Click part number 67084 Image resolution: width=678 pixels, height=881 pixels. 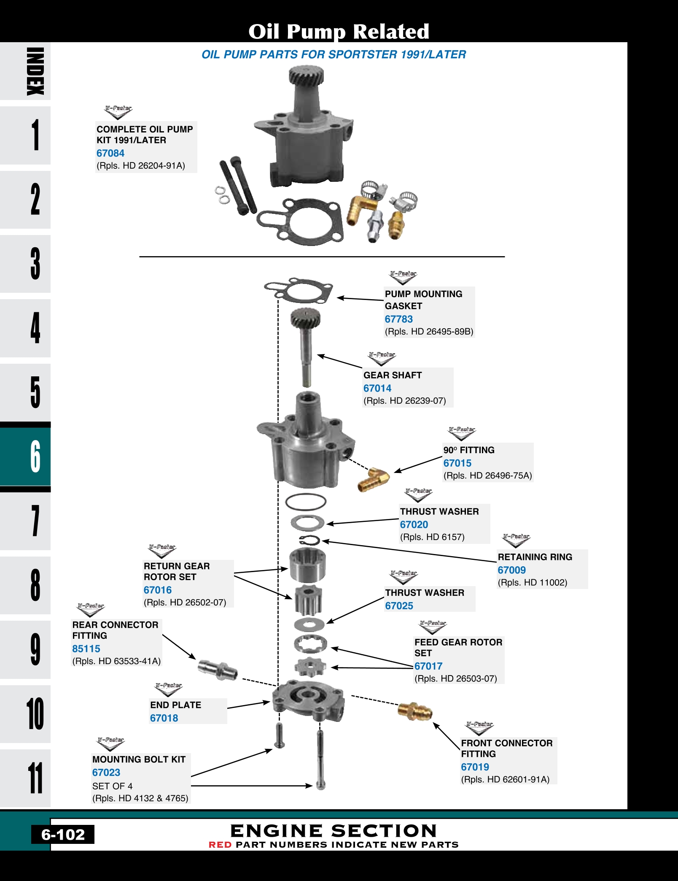click(110, 153)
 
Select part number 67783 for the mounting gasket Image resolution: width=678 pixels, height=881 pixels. click(398, 319)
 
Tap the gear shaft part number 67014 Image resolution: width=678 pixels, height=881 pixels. click(377, 388)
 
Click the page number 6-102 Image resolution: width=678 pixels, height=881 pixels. click(63, 835)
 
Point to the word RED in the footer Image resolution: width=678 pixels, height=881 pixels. click(220, 845)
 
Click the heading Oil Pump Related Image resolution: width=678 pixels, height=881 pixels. click(339, 31)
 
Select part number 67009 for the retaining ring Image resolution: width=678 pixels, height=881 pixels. click(511, 570)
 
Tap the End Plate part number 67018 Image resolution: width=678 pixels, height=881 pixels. click(164, 718)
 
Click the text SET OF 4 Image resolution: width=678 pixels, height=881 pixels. click(112, 786)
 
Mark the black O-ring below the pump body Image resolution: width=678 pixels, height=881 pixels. click(306, 502)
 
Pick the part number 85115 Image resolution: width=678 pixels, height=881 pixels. click(86, 649)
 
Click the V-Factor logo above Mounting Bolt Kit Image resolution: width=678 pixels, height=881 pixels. click(110, 744)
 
